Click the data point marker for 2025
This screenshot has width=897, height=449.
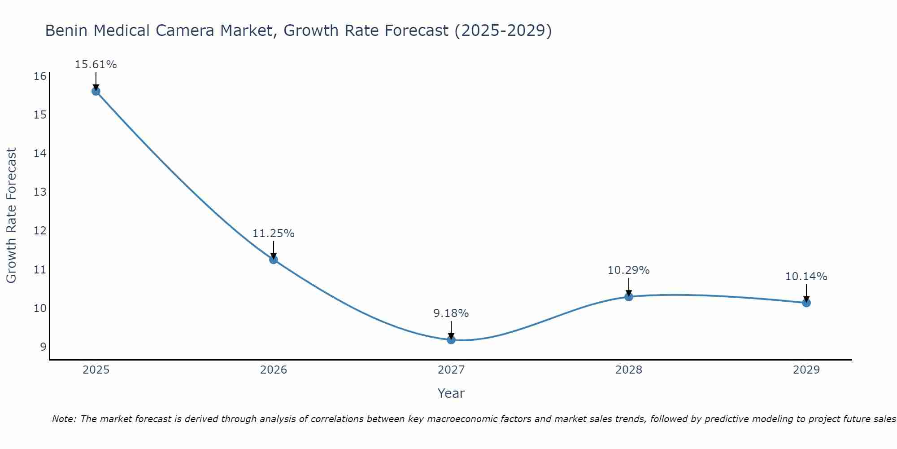tap(96, 91)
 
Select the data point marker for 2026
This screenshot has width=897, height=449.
tap(273, 260)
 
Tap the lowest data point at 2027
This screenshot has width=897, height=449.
tap(451, 340)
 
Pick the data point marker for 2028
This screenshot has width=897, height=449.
tap(628, 297)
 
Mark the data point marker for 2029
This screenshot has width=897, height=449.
tap(806, 303)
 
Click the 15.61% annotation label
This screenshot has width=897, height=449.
tap(96, 65)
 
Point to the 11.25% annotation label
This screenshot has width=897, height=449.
tap(273, 233)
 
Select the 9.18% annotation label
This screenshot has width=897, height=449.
tap(451, 313)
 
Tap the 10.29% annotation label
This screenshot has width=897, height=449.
tap(628, 270)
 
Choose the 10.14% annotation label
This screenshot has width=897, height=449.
tap(806, 277)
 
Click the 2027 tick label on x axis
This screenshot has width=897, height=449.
tap(451, 370)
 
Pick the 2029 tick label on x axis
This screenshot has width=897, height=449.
tap(806, 370)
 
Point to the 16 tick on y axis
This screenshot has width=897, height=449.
tap(40, 76)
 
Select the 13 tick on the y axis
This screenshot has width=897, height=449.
tap(40, 192)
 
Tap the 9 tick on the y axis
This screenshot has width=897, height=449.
tap(43, 347)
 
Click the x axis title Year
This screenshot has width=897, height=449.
tap(451, 393)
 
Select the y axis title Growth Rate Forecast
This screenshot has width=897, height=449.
tap(11, 216)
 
